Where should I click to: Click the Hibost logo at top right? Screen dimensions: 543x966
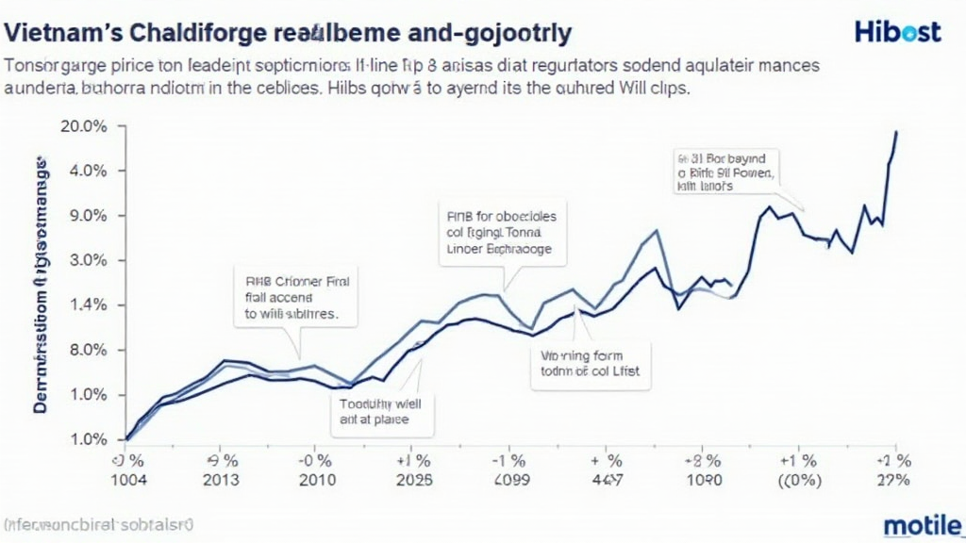(x=897, y=32)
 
